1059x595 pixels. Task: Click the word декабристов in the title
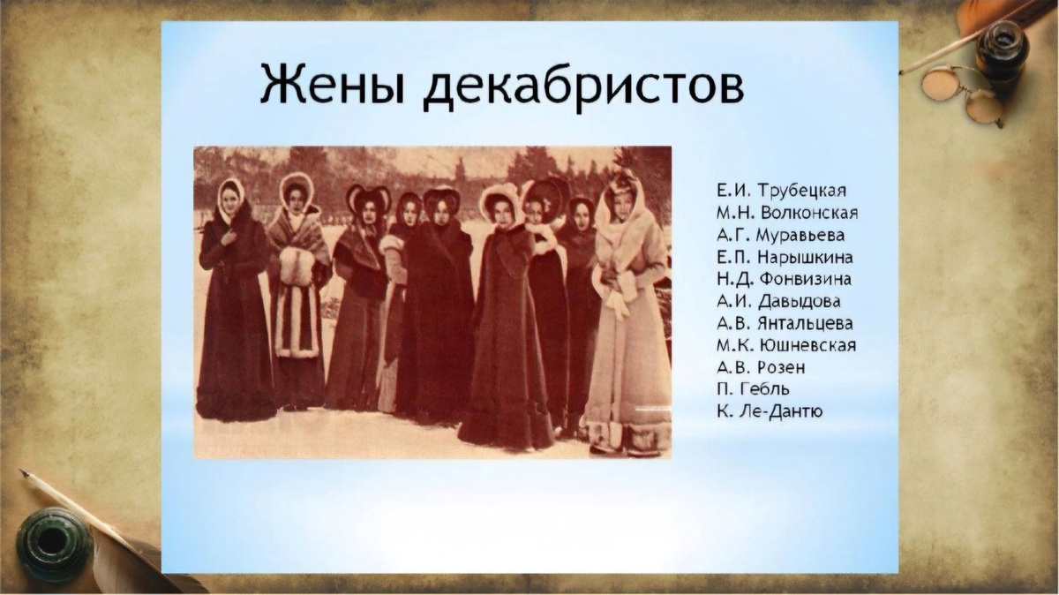click(x=582, y=85)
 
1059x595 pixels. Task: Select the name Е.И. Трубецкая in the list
click(x=783, y=191)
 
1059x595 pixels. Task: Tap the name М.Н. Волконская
click(x=788, y=213)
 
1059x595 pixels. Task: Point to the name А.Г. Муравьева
click(x=781, y=235)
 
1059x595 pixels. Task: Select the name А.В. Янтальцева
click(x=785, y=323)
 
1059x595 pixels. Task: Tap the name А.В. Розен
click(x=761, y=367)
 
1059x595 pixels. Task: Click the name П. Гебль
click(x=753, y=389)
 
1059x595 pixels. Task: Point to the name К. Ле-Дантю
click(x=770, y=410)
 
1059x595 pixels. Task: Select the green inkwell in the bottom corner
click(x=53, y=541)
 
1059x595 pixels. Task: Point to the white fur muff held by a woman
click(x=295, y=265)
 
